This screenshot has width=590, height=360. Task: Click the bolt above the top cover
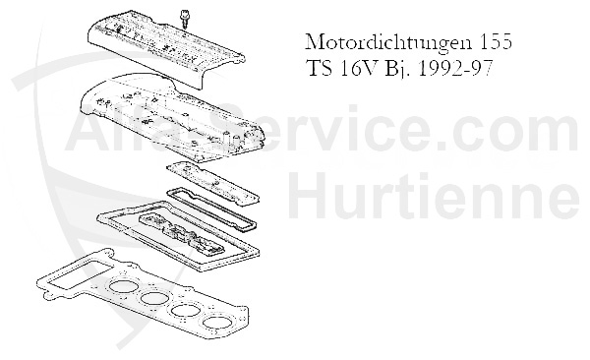(185, 17)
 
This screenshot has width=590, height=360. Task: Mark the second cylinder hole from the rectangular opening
(153, 299)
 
